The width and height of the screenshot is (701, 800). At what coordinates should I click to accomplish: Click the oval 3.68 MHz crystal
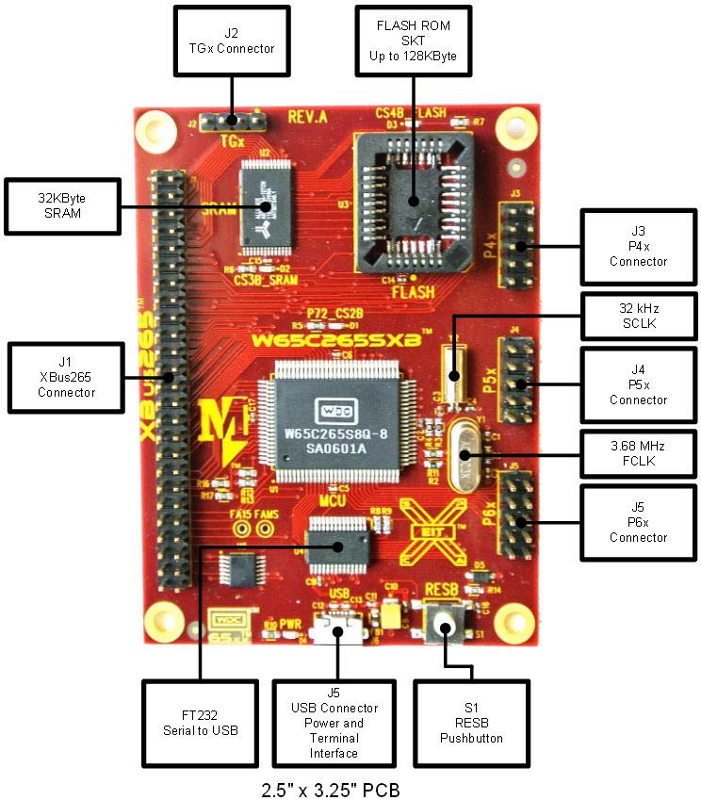click(x=463, y=455)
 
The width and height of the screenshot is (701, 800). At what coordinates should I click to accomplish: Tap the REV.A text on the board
click(x=307, y=119)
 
